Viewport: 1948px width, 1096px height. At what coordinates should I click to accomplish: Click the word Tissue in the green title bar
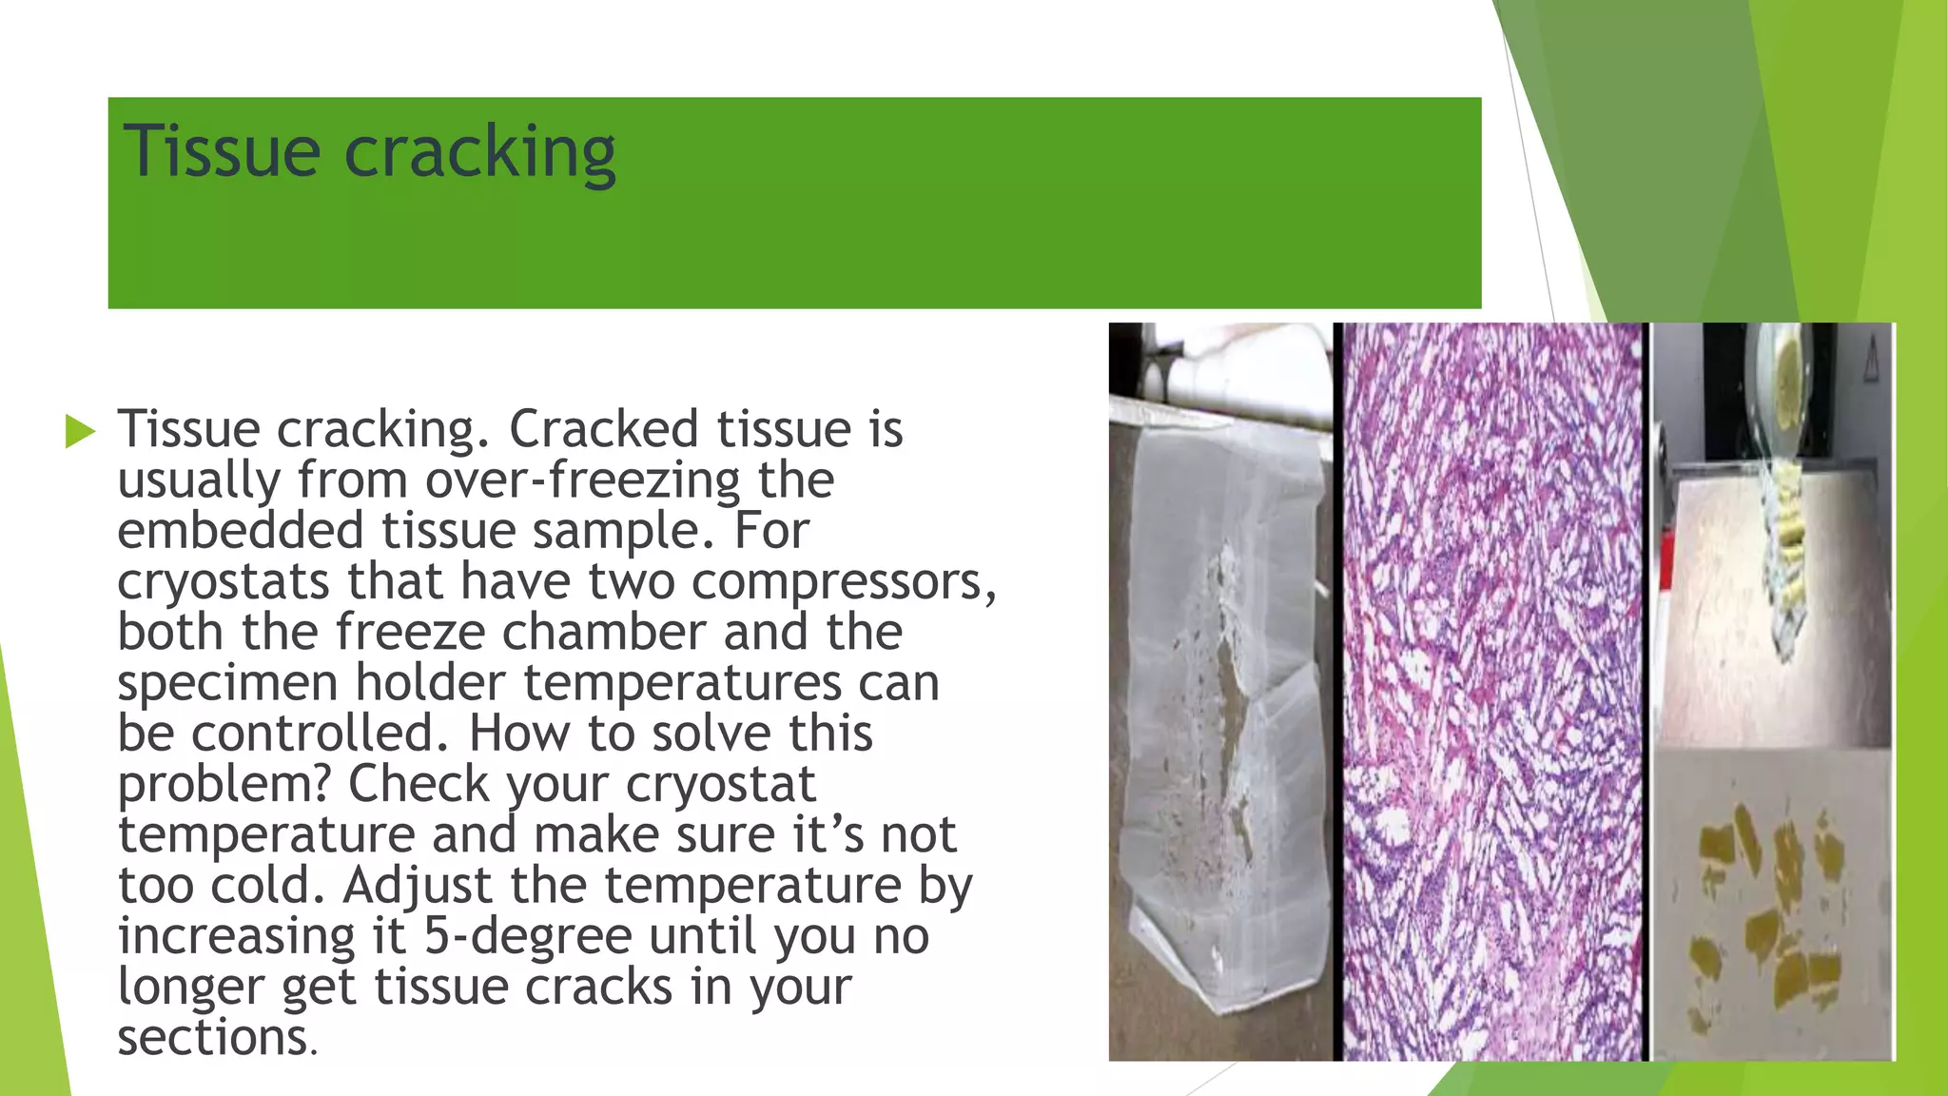pos(222,152)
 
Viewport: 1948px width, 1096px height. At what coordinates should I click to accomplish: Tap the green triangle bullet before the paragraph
pos(80,431)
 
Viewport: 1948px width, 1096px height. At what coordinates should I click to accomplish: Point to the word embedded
pos(240,531)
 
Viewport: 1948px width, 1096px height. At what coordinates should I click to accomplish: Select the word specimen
pos(228,684)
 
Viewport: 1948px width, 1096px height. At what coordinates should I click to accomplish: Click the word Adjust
pos(418,886)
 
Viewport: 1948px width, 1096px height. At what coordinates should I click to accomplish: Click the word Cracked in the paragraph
pos(603,429)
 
